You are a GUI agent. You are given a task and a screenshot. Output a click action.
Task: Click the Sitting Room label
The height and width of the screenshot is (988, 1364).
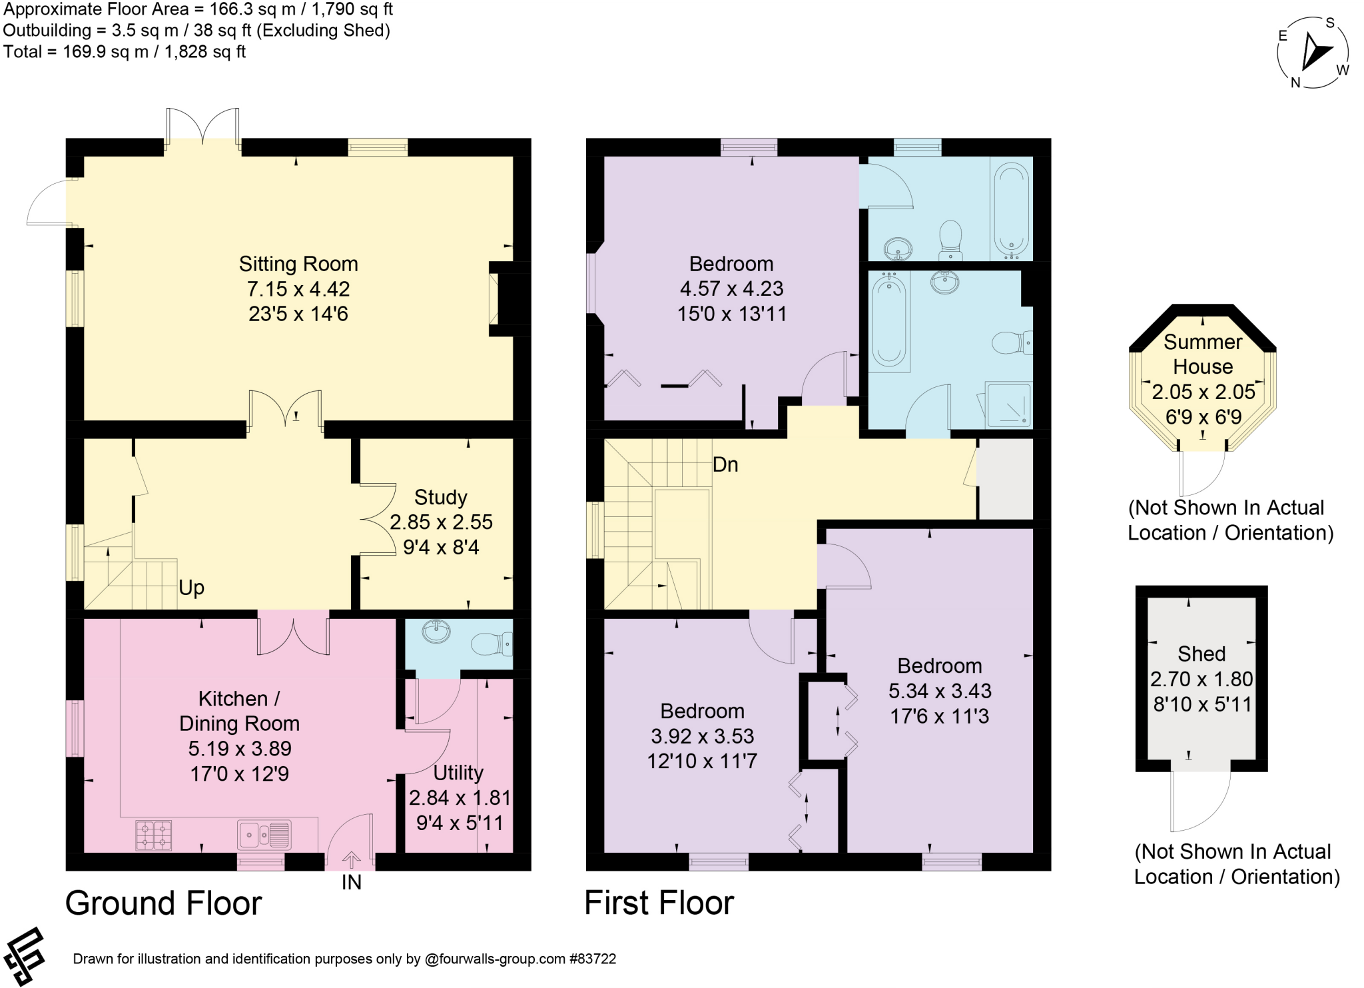pyautogui.click(x=298, y=264)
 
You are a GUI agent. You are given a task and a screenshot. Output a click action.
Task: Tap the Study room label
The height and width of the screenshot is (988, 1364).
pyautogui.click(x=440, y=498)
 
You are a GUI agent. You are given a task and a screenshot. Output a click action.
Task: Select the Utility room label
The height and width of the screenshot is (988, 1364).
pyautogui.click(x=458, y=773)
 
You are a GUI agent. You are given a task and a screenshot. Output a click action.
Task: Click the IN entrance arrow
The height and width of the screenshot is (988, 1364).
pyautogui.click(x=351, y=859)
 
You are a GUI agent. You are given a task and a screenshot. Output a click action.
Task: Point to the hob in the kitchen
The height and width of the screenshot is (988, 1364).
pyautogui.click(x=154, y=835)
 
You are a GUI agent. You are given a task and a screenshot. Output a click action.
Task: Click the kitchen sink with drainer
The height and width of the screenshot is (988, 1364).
pyautogui.click(x=264, y=835)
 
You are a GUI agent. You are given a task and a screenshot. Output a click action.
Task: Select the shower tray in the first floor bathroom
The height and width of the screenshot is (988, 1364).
pyautogui.click(x=1008, y=404)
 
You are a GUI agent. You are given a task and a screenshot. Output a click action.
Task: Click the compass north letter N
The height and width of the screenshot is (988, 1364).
pyautogui.click(x=1295, y=83)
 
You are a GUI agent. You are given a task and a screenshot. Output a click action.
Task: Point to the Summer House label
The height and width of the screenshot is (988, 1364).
pyautogui.click(x=1203, y=354)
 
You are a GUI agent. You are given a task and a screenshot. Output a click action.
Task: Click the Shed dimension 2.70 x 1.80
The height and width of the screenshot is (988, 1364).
pyautogui.click(x=1201, y=679)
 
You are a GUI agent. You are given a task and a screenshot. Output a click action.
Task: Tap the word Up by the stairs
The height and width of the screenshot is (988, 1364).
pyautogui.click(x=191, y=588)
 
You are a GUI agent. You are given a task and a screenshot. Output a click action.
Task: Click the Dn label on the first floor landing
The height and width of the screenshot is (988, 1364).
pyautogui.click(x=725, y=464)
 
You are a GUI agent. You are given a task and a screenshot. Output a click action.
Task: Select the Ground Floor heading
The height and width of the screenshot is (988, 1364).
pyautogui.click(x=164, y=903)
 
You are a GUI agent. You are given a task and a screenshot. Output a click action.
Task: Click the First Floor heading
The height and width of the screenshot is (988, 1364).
pyautogui.click(x=659, y=903)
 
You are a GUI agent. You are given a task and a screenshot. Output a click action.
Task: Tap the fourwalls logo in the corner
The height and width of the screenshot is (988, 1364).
pyautogui.click(x=25, y=955)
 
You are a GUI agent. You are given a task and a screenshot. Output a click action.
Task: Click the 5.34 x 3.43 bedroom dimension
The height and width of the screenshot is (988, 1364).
pyautogui.click(x=940, y=691)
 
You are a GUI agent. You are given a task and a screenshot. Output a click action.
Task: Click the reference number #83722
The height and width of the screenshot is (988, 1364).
pyautogui.click(x=593, y=959)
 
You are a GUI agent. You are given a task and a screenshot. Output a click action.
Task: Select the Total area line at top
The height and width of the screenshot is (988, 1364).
pyautogui.click(x=125, y=52)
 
